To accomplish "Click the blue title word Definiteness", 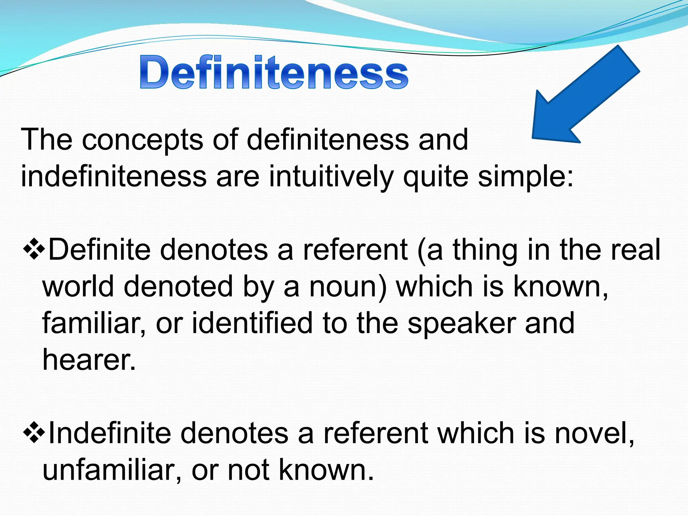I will pyautogui.click(x=274, y=72).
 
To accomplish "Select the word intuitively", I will pyautogui.click(x=331, y=177).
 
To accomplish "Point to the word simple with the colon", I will pyautogui.click(x=526, y=177).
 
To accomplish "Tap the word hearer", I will pyautogui.click(x=89, y=360).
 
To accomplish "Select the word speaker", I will pyautogui.click(x=462, y=323).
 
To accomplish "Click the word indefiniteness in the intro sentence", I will pyautogui.click(x=114, y=177).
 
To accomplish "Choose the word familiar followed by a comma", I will pyautogui.click(x=94, y=323).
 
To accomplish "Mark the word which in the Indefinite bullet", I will pyautogui.click(x=477, y=434).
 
